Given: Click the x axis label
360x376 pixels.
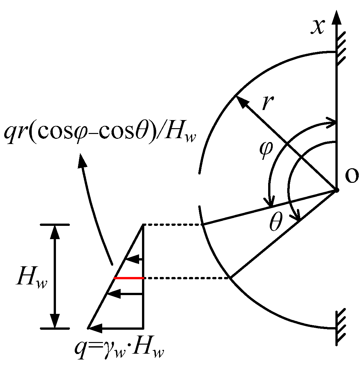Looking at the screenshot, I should coord(317,27).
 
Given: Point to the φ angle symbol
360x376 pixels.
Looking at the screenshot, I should coord(266,149).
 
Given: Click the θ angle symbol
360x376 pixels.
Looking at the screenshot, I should coord(276,223).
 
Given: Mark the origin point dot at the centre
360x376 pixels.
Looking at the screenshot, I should coord(336,190).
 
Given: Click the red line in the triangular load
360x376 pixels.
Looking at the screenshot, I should coord(129,278).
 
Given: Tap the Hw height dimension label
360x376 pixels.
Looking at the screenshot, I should coord(32,278).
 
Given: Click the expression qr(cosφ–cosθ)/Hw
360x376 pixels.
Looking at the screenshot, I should coord(100,131).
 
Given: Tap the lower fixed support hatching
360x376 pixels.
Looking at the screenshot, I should coord(341,327).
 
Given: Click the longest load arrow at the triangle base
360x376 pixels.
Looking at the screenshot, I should coord(115,328).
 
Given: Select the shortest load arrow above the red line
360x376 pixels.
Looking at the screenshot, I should coord(134,259).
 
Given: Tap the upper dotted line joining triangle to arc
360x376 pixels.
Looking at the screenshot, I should coord(172,225).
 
